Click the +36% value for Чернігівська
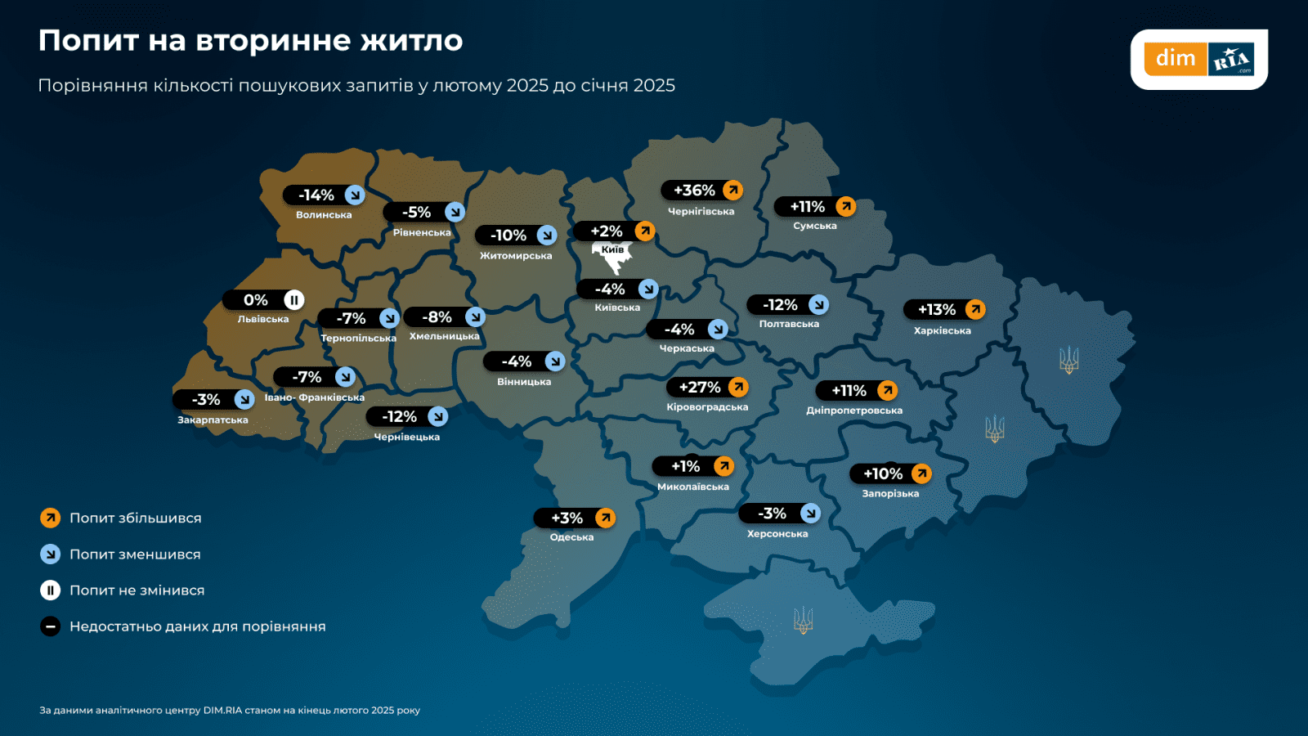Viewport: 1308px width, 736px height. click(694, 191)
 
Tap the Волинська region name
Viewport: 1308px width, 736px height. click(324, 215)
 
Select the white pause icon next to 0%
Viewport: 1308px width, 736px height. click(294, 300)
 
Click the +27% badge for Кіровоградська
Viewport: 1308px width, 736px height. click(708, 388)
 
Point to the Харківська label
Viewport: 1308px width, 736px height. click(942, 330)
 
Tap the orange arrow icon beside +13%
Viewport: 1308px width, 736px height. click(974, 309)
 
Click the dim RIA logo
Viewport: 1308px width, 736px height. click(1198, 59)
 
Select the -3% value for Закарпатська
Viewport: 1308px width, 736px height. click(206, 400)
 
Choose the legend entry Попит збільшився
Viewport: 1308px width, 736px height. click(136, 518)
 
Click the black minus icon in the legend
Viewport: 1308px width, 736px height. click(51, 626)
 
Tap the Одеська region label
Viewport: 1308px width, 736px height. click(571, 537)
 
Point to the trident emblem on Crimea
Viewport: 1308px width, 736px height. click(803, 620)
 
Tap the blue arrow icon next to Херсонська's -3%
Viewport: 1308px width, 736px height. click(810, 513)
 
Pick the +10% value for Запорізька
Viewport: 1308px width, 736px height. click(883, 473)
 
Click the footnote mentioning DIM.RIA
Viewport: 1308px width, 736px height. click(230, 710)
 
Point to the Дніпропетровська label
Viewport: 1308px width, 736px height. click(854, 411)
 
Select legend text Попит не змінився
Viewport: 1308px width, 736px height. click(137, 590)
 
